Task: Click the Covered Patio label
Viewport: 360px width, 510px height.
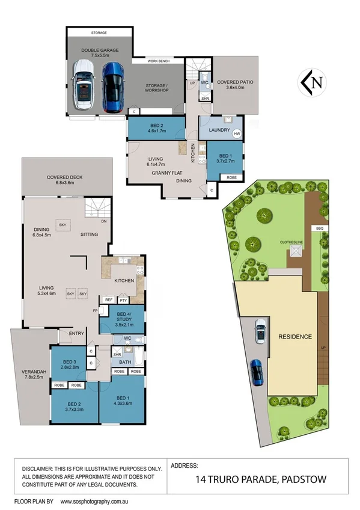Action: [x=234, y=84]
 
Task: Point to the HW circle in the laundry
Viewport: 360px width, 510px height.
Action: [x=237, y=134]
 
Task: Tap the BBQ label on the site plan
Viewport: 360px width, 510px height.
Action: [x=319, y=229]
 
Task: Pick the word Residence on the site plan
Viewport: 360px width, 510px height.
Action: [x=295, y=336]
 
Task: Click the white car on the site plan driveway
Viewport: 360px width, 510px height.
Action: [x=260, y=330]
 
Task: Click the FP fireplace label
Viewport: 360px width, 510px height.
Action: [x=96, y=311]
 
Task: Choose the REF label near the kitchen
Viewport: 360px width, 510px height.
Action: [x=109, y=300]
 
